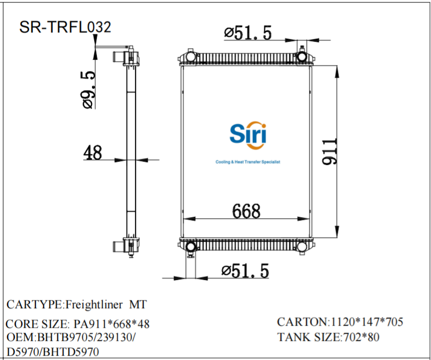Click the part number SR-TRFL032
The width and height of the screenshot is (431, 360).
(65, 27)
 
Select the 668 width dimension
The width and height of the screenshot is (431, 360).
(246, 211)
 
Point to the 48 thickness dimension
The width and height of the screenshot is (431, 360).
(93, 153)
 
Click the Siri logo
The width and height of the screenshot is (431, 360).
(248, 133)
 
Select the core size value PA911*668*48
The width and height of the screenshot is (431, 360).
(112, 325)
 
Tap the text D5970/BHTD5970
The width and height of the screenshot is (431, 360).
(53, 352)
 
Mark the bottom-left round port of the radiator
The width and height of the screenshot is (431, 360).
(191, 247)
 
